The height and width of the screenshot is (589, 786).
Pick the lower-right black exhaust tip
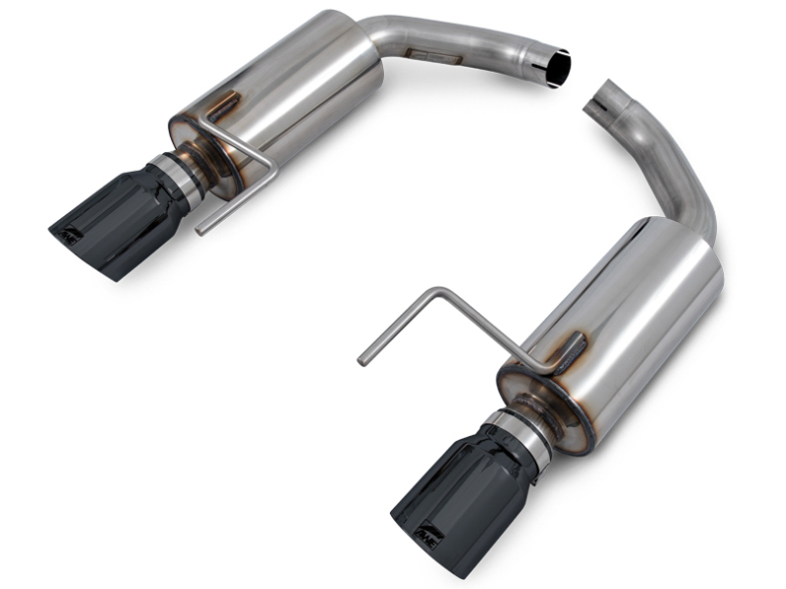tap(462, 501)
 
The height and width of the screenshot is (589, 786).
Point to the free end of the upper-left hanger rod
tap(201, 229)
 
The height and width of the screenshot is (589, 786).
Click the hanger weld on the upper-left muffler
tap(224, 105)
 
